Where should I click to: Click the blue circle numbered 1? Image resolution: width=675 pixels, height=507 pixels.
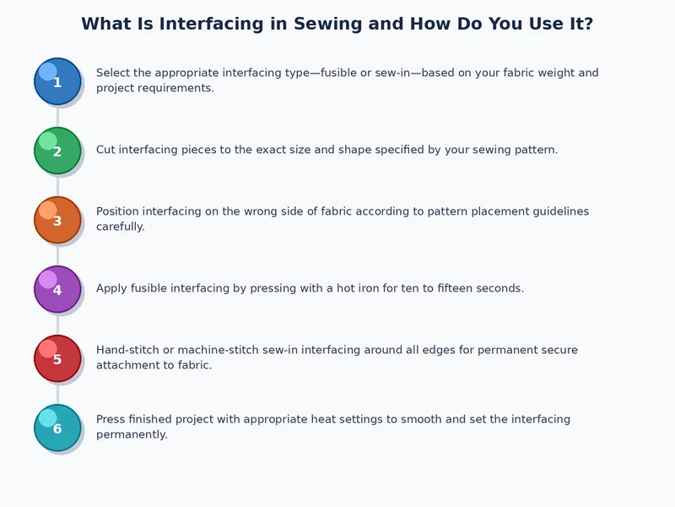pyautogui.click(x=57, y=81)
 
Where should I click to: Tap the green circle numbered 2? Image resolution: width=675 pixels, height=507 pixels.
pyautogui.click(x=57, y=150)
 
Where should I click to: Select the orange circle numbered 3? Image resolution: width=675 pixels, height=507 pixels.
pyautogui.click(x=57, y=220)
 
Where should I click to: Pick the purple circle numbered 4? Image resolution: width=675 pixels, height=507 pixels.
pyautogui.click(x=57, y=289)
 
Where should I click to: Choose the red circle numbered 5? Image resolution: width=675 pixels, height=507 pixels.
pyautogui.click(x=57, y=358)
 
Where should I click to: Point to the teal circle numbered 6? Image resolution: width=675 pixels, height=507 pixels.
pyautogui.click(x=57, y=428)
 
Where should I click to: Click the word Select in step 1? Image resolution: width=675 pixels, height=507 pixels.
pyautogui.click(x=114, y=73)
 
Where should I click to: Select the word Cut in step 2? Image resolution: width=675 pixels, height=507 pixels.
pyautogui.click(x=105, y=150)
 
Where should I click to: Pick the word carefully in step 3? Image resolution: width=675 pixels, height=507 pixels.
pyautogui.click(x=121, y=226)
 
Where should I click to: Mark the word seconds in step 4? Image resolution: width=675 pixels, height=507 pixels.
pyautogui.click(x=499, y=288)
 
